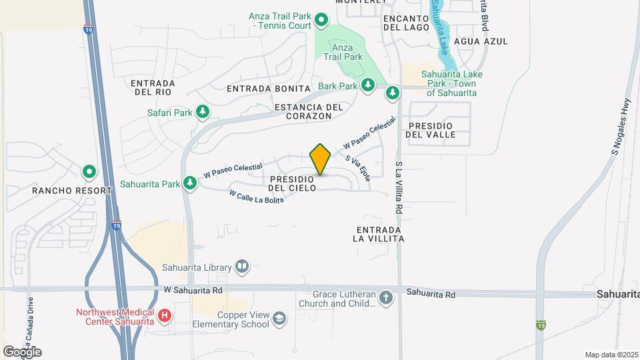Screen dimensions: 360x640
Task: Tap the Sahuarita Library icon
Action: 242,268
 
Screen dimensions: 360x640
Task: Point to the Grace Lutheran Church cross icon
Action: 386,299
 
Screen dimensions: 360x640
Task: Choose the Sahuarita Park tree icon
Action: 190,183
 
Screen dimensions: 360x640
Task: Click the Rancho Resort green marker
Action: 89,172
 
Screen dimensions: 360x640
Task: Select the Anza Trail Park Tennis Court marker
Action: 321,20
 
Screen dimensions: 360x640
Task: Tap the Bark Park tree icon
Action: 367,85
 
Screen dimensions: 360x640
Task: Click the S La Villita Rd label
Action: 399,187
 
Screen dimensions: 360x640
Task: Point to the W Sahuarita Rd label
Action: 193,291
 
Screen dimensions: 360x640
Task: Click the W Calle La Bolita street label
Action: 257,197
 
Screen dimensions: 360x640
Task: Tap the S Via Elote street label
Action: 357,169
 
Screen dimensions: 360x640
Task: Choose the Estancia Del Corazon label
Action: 308,111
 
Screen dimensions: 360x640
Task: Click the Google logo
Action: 21,351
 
